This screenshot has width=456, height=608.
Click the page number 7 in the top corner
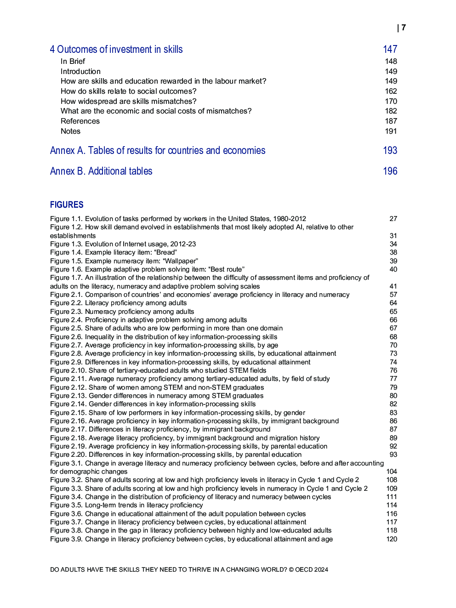click(404, 28)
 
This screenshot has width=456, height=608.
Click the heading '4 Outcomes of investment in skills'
click(116, 50)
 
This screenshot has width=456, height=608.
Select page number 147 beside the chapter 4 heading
click(390, 50)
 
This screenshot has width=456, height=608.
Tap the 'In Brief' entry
click(73, 62)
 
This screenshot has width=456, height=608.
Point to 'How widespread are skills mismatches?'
click(128, 102)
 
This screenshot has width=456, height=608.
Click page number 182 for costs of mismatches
click(391, 111)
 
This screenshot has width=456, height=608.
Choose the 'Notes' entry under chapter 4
click(70, 131)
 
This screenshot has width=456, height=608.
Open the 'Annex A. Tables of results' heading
click(157, 151)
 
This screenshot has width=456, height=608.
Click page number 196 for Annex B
click(390, 171)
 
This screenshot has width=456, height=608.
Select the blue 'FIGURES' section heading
click(67, 205)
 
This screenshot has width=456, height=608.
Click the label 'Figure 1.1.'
click(66, 219)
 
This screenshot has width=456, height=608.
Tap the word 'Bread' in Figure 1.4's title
click(166, 253)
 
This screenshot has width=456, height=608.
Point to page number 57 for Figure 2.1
click(393, 295)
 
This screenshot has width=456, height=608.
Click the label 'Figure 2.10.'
click(68, 371)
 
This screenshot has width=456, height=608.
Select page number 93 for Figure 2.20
click(393, 455)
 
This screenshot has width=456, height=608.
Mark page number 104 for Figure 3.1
click(392, 472)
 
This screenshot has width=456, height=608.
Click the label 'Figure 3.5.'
click(66, 506)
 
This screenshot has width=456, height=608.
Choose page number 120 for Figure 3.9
click(392, 540)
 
